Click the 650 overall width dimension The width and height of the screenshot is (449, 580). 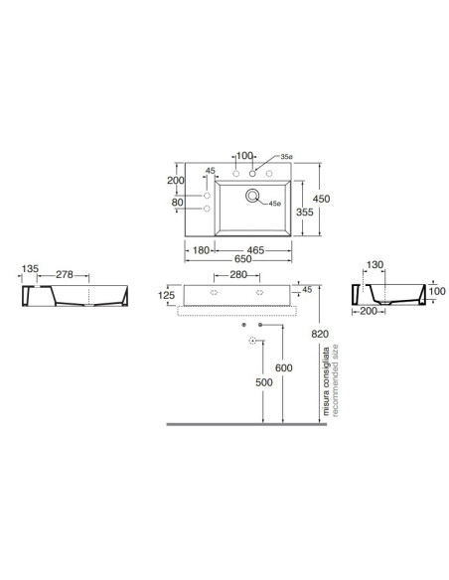pyautogui.click(x=242, y=259)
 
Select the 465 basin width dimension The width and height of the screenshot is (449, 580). pyautogui.click(x=255, y=250)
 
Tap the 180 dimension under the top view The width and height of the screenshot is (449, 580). pyautogui.click(x=202, y=250)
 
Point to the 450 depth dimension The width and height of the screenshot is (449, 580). pyautogui.click(x=321, y=199)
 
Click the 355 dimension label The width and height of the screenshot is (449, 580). pyautogui.click(x=304, y=212)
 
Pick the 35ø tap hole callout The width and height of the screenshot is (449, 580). pyautogui.click(x=286, y=157)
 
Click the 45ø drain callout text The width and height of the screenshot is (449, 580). pyautogui.click(x=275, y=204)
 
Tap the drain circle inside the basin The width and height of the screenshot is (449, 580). pyautogui.click(x=252, y=196)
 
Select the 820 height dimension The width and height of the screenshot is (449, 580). pyautogui.click(x=320, y=334)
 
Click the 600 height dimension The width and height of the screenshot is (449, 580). pyautogui.click(x=284, y=367)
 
